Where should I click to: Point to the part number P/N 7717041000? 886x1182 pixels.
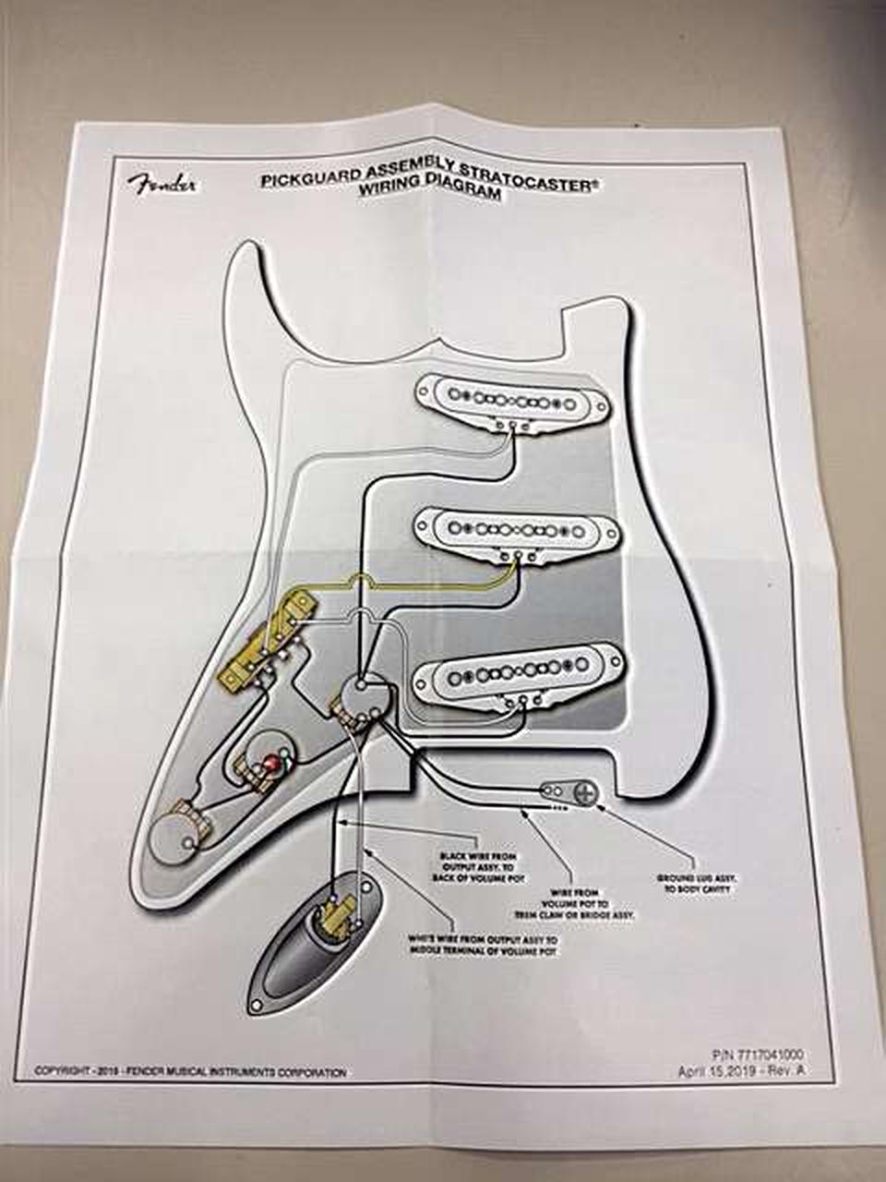coord(760,1054)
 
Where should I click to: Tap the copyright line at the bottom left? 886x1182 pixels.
coord(190,1072)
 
